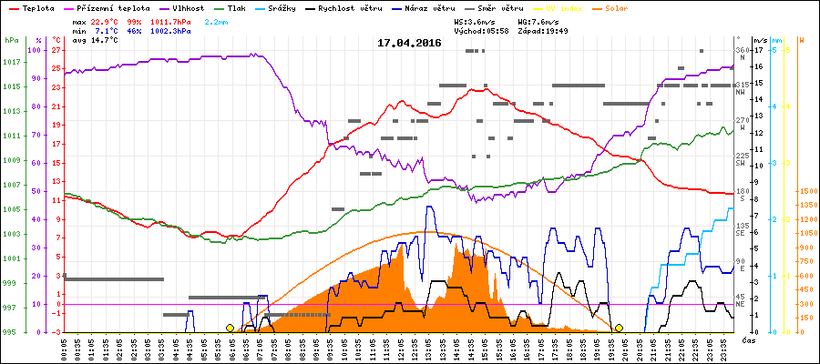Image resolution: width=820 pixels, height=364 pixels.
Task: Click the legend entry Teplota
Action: tap(36, 7)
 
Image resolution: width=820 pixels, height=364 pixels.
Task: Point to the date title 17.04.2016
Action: tap(409, 43)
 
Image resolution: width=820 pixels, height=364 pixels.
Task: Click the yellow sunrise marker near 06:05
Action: tap(230, 328)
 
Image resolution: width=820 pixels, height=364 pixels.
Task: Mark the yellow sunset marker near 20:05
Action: tap(619, 328)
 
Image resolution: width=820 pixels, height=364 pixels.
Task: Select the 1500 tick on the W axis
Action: tap(806, 191)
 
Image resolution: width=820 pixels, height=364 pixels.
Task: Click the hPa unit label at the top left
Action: tap(11, 41)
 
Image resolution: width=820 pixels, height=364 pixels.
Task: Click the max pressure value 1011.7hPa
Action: tap(175, 20)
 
